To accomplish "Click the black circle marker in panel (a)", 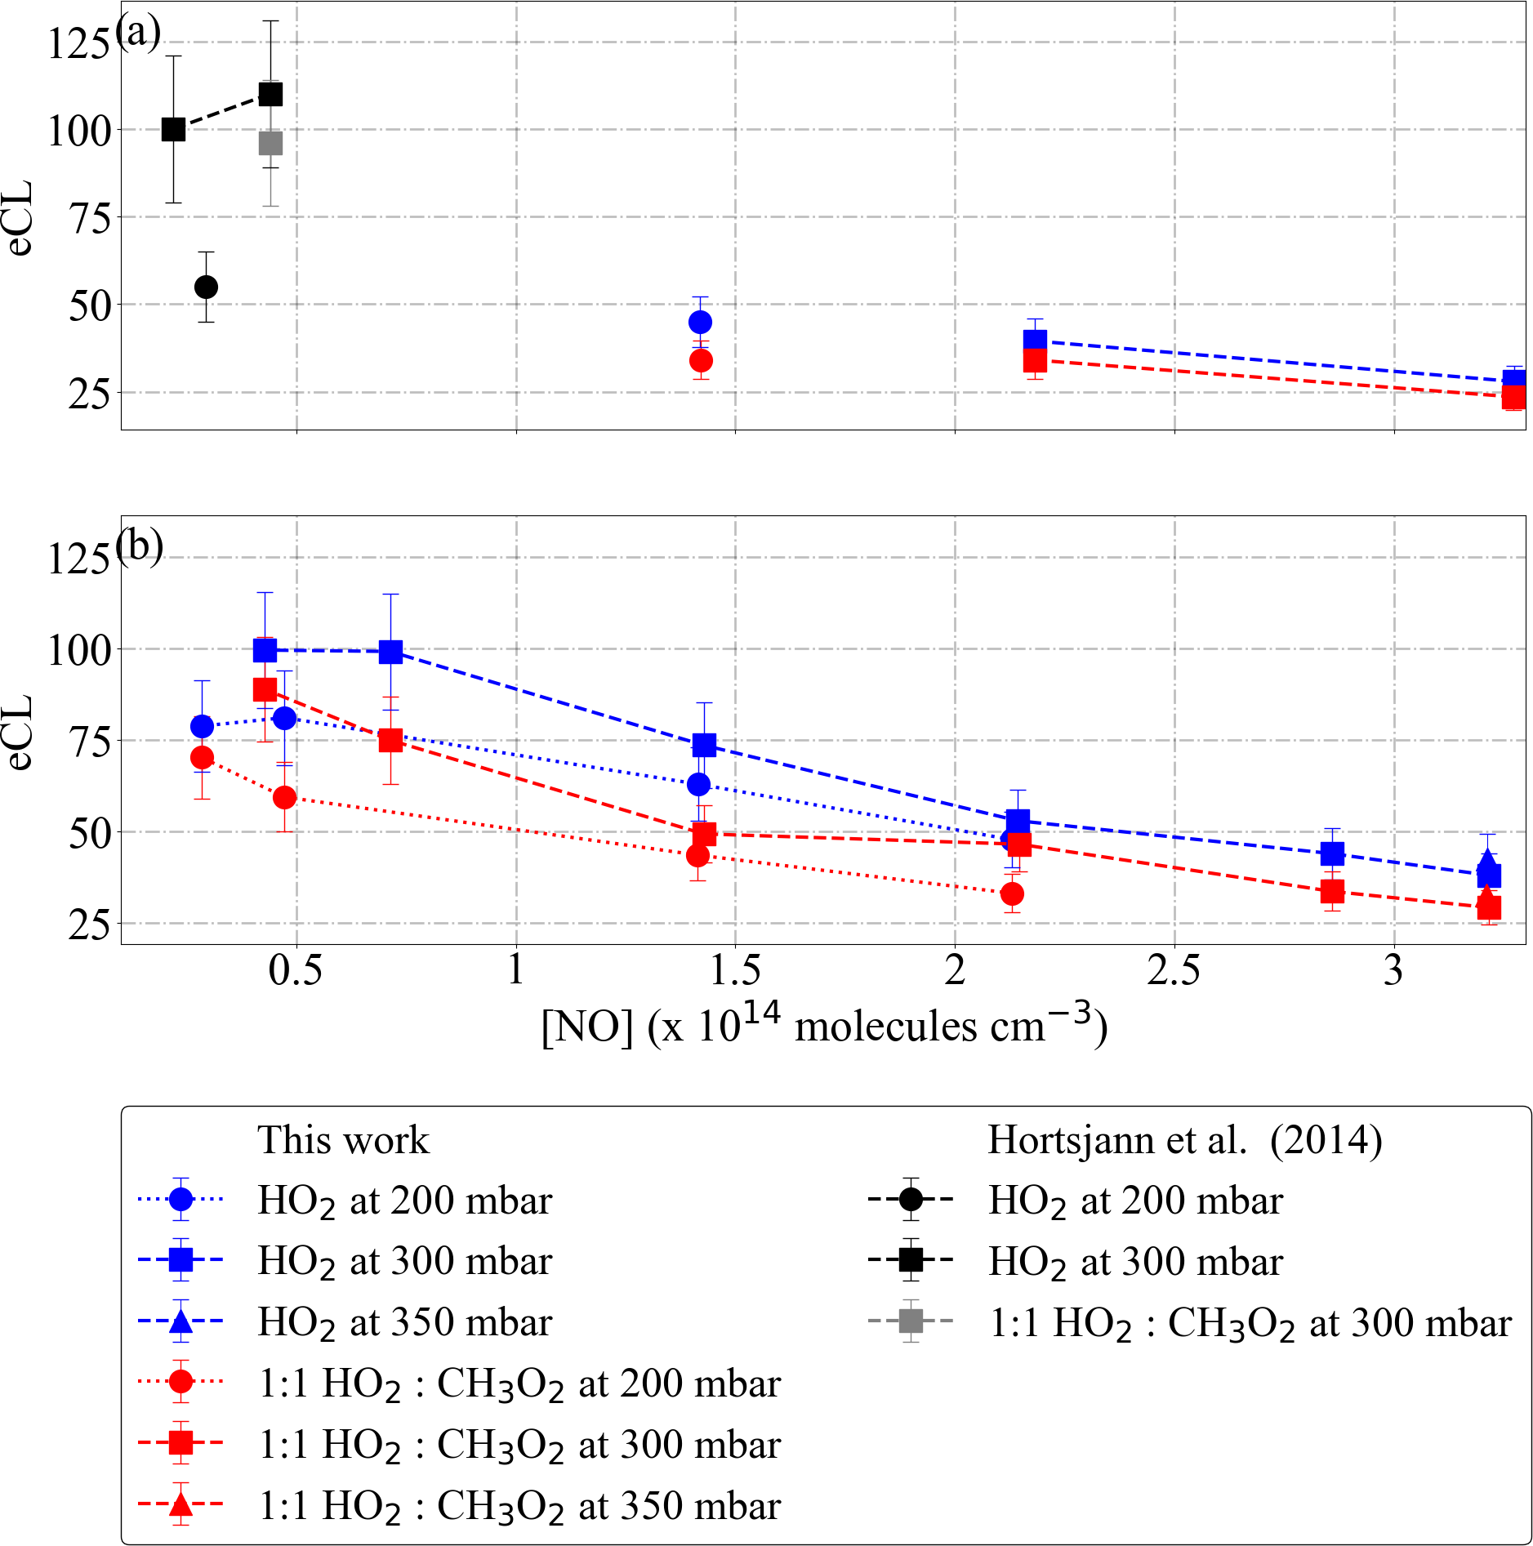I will click(x=206, y=287).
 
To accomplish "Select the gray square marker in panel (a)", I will click(x=270, y=143).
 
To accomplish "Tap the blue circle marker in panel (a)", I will click(x=700, y=322).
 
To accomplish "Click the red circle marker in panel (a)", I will click(x=701, y=360).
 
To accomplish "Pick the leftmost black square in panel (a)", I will click(x=173, y=129).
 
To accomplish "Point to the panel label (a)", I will click(x=138, y=33).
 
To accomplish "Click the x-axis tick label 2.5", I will click(x=1174, y=971).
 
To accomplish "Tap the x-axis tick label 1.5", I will click(x=735, y=971).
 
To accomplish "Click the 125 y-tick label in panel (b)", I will click(x=78, y=560).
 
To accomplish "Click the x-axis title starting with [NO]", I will click(x=824, y=1026).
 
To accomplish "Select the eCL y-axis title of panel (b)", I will click(x=20, y=732).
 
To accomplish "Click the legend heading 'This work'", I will click(x=343, y=1139).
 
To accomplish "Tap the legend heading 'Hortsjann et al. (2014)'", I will click(x=1184, y=1139).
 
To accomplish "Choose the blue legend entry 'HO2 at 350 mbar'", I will click(x=404, y=1322).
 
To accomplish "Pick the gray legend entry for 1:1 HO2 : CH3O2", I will click(x=1250, y=1322).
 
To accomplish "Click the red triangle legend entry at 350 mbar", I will click(x=519, y=1505).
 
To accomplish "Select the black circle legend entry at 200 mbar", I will click(x=1135, y=1201).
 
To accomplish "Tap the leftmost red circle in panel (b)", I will click(x=202, y=757).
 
